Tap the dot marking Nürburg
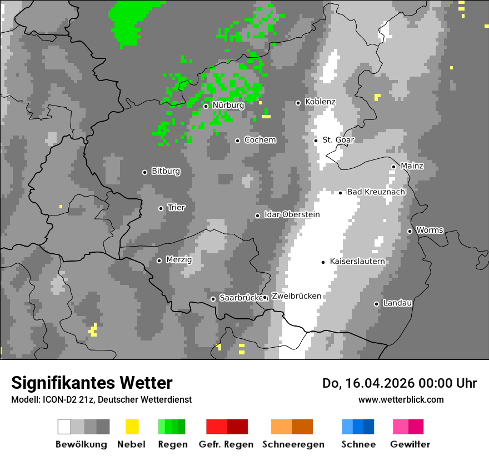[206, 106]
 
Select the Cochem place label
[260, 140]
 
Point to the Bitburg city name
[166, 172]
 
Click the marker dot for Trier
[161, 208]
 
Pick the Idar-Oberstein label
[292, 214]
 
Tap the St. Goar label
[338, 140]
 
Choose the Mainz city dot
[393, 167]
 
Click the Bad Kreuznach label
[376, 192]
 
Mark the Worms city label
[430, 230]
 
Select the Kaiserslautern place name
[357, 261]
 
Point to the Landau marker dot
[376, 304]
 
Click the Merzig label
[179, 260]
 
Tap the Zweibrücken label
[296, 296]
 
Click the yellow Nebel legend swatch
[132, 427]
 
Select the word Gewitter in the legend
[410, 444]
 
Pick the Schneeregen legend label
[293, 444]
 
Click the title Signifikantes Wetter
[92, 383]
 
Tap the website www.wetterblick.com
[401, 400]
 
